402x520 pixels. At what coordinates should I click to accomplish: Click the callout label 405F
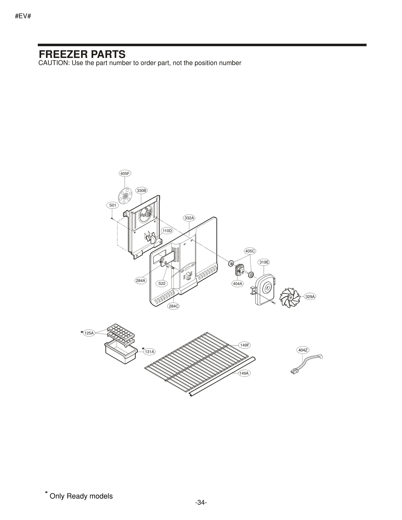tap(125, 173)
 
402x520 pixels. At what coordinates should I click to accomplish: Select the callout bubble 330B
tap(141, 190)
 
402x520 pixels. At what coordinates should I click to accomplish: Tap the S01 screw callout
tap(113, 205)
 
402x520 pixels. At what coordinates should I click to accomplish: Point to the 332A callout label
tap(189, 218)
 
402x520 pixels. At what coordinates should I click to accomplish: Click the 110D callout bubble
tap(167, 230)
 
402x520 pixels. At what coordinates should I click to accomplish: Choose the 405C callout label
tap(250, 251)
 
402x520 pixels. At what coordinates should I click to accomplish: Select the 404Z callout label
tap(303, 350)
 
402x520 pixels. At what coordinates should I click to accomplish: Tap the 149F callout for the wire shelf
tap(244, 345)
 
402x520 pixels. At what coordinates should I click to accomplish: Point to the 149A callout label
tap(244, 373)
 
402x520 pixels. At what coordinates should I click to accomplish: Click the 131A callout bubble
tap(149, 352)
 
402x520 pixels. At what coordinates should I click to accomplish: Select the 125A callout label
tap(89, 333)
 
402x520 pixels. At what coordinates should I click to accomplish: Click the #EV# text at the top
tap(23, 16)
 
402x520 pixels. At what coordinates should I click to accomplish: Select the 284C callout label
tap(173, 306)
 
